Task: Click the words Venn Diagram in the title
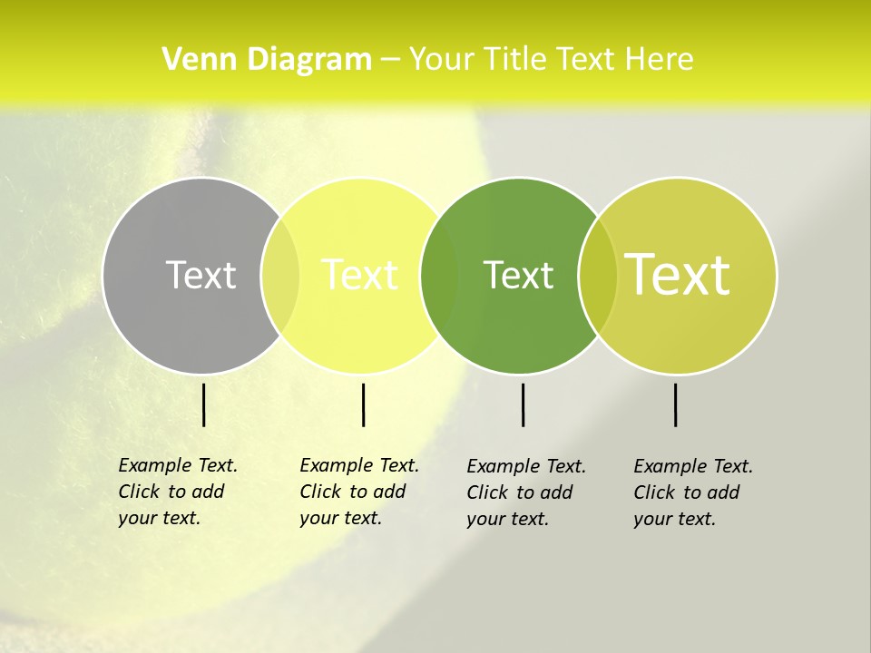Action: point(267,60)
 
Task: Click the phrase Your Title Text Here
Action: point(551,60)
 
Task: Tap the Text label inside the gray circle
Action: point(201,275)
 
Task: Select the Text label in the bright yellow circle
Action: point(360,275)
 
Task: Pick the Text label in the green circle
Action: point(518,275)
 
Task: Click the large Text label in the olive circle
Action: point(678,274)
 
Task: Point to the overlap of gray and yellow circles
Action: point(280,276)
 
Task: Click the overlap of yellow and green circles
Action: point(439,276)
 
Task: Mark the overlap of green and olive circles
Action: point(598,276)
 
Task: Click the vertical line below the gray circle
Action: point(204,404)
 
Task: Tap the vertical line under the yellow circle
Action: point(363,404)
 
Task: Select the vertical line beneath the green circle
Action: point(524,404)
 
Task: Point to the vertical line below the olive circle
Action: point(676,404)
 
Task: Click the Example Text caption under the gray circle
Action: point(177,492)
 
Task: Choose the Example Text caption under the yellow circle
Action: point(358,492)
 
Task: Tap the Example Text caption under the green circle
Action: point(525,492)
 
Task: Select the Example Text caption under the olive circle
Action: point(692,492)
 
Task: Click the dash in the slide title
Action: point(390,60)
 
